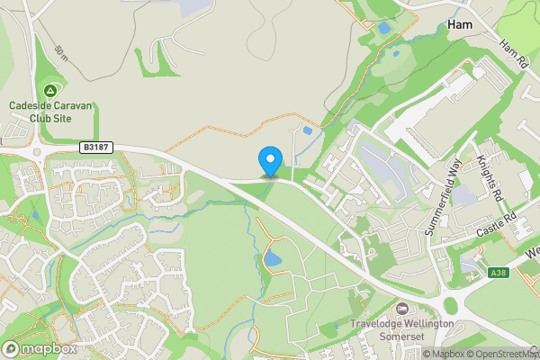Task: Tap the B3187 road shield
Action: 96,147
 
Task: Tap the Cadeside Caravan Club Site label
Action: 50,111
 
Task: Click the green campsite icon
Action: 50,91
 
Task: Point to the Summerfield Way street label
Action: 442,201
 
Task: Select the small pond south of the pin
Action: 272,261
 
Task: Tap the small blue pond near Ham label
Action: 385,29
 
